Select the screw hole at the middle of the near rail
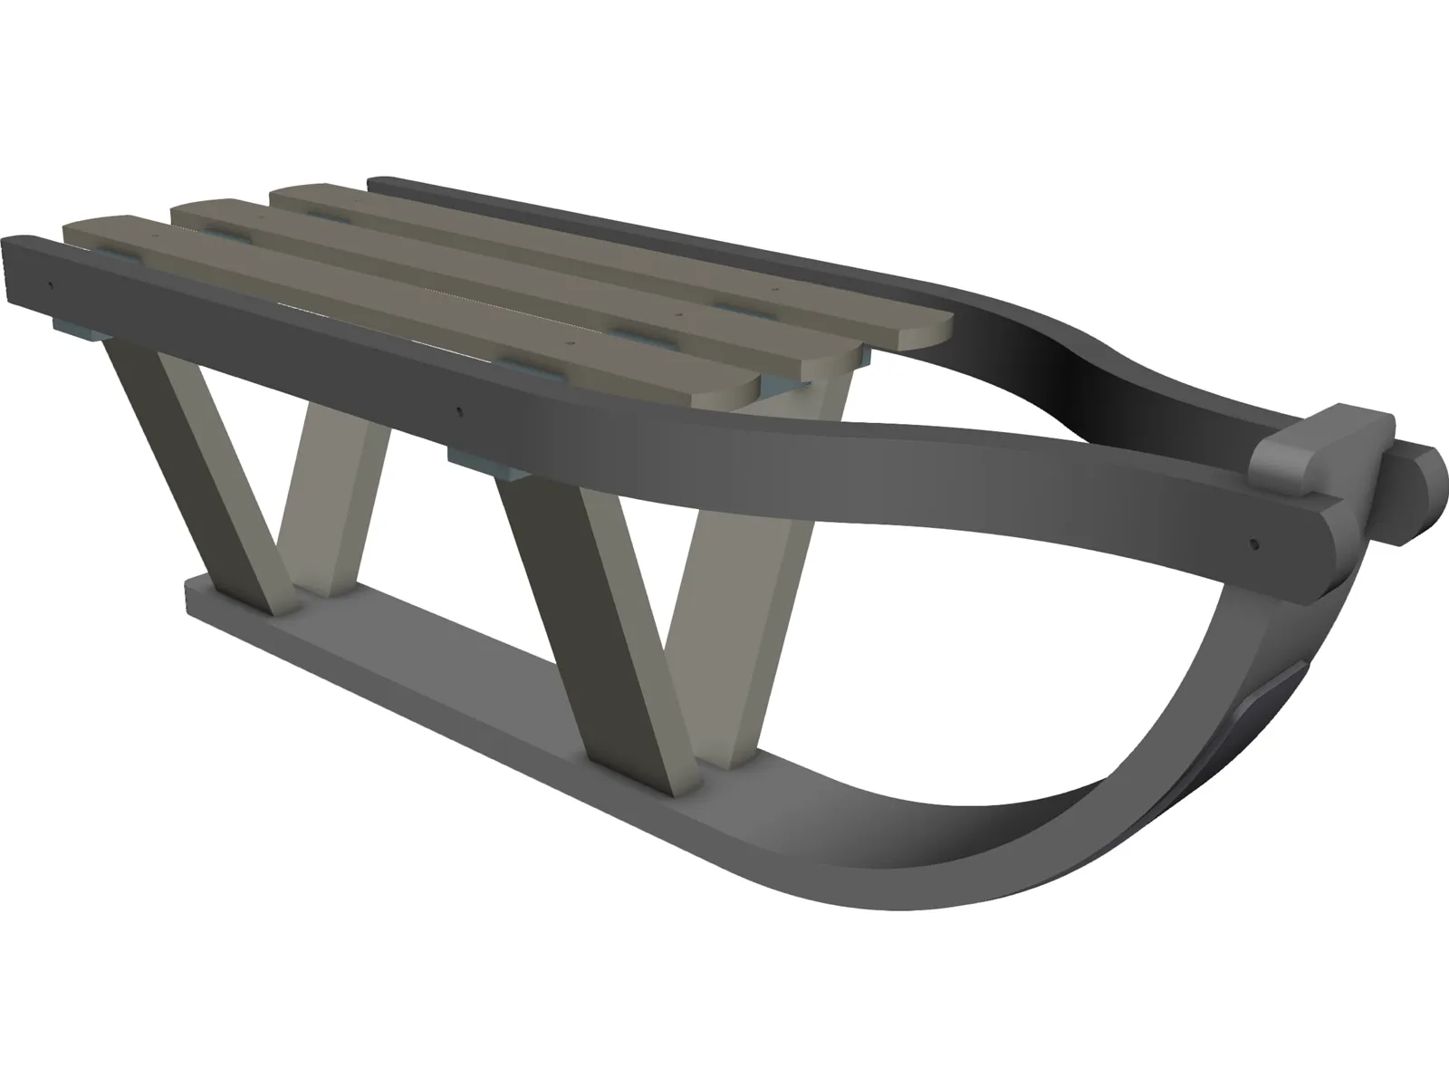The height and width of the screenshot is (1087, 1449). [460, 409]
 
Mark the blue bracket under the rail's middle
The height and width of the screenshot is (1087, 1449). [489, 464]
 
